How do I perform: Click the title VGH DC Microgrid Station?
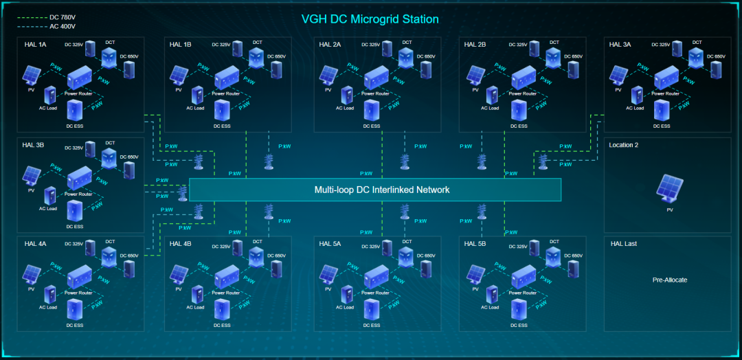pos(370,19)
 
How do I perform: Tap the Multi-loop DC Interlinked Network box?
pos(375,190)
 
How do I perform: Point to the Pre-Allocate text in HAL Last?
pos(670,280)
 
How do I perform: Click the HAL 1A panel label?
pos(35,45)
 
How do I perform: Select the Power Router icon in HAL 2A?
pos(376,78)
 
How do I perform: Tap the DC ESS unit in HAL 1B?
pos(221,111)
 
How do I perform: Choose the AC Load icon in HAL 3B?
pos(49,195)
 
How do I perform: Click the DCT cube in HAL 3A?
pos(697,58)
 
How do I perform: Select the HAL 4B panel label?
pos(181,244)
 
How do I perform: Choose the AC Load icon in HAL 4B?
pos(197,294)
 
